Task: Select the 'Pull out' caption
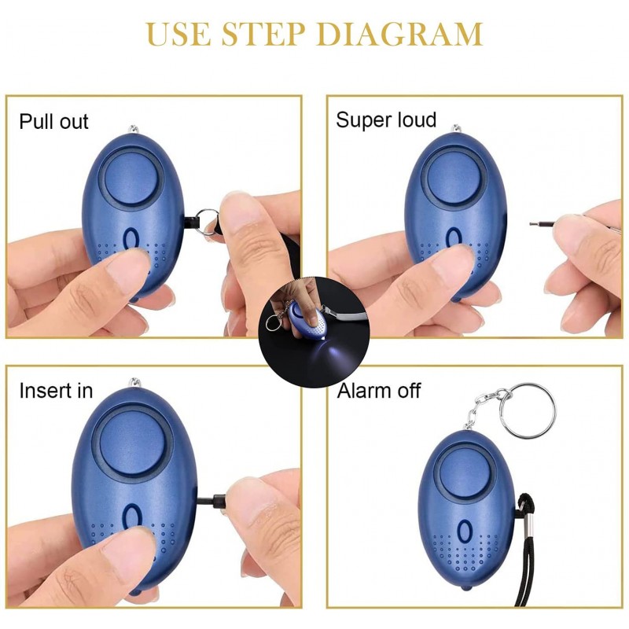click(x=53, y=122)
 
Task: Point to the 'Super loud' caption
click(x=386, y=120)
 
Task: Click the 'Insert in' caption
click(x=56, y=391)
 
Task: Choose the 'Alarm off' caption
click(x=379, y=391)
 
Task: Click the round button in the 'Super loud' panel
click(x=454, y=178)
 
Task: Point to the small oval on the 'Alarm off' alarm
click(x=465, y=532)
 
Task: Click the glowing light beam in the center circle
click(x=332, y=354)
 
